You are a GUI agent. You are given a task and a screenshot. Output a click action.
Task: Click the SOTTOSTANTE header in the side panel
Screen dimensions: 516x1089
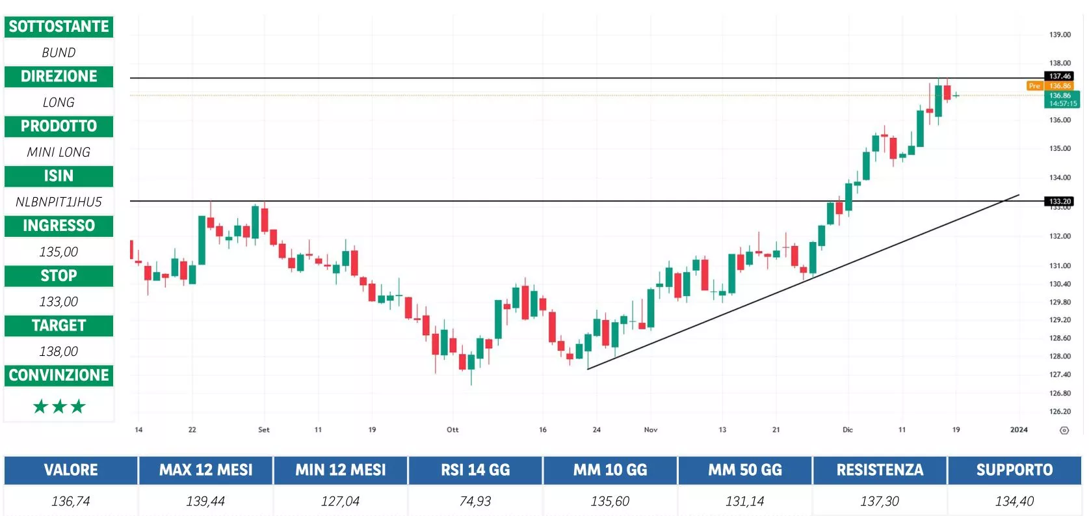click(59, 27)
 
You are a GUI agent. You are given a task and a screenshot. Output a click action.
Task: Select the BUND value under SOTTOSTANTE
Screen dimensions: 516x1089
click(59, 53)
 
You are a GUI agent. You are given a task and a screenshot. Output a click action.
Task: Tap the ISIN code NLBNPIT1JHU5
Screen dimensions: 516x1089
click(59, 202)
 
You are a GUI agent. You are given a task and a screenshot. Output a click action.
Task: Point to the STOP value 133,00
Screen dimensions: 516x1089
click(59, 301)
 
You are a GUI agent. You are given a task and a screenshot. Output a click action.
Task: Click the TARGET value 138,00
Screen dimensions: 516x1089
click(59, 351)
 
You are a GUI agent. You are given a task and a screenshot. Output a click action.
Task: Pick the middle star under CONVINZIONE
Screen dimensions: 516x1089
click(59, 407)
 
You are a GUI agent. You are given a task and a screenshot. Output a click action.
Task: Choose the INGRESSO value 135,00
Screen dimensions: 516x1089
click(59, 252)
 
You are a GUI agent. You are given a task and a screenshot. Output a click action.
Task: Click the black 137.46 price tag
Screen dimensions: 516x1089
click(1060, 76)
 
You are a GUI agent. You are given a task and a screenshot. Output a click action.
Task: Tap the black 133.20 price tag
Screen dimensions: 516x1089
click(1060, 201)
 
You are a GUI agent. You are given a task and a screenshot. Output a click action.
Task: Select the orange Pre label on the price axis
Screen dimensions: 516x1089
click(1034, 86)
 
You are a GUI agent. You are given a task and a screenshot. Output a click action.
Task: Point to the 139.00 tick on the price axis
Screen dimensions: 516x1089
click(1060, 34)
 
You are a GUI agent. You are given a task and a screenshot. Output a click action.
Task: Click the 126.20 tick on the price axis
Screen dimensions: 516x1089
click(1060, 411)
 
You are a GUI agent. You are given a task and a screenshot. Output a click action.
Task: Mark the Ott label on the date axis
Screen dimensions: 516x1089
click(453, 429)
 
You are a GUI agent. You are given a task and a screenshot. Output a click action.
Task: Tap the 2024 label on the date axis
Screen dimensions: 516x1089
click(1019, 429)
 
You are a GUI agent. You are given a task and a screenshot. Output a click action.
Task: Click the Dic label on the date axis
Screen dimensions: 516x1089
click(848, 429)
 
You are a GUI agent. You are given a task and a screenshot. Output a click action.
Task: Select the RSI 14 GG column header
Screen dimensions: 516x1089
click(475, 470)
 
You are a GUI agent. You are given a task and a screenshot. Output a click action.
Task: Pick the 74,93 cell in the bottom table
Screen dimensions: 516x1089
click(475, 501)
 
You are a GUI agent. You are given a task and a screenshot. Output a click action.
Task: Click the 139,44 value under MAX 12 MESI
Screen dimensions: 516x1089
click(205, 501)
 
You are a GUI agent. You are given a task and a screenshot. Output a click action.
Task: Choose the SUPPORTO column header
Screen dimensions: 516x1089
click(1014, 470)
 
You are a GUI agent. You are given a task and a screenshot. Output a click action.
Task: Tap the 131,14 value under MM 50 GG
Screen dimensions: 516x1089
click(745, 501)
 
